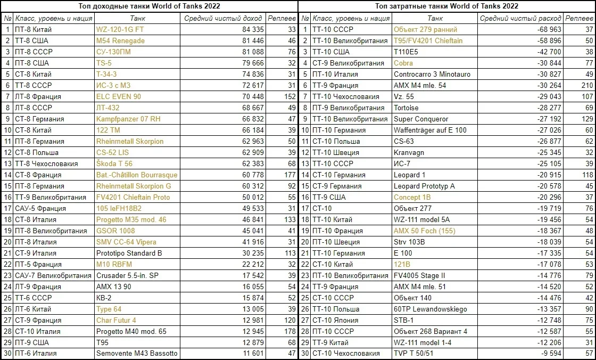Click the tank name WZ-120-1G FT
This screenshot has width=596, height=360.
(120, 30)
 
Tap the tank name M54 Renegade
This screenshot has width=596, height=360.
(120, 41)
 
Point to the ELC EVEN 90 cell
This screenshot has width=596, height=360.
(119, 97)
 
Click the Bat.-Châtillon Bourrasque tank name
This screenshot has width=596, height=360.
(137, 175)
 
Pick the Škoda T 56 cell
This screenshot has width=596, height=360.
(114, 164)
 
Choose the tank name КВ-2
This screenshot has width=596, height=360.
(104, 298)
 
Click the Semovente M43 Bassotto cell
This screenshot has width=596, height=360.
(137, 354)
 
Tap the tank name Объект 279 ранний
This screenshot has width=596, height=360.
(425, 30)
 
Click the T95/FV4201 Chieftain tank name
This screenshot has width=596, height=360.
(428, 41)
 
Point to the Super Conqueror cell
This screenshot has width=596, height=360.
(421, 119)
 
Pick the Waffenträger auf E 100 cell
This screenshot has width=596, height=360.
(429, 130)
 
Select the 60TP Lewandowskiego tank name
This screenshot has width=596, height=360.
(430, 309)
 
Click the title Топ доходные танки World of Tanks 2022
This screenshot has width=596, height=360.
(150, 6)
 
